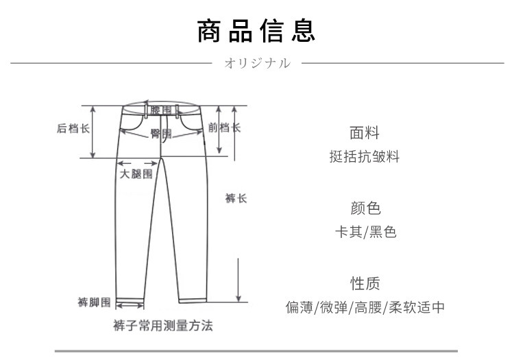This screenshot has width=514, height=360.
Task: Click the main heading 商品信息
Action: tap(256, 31)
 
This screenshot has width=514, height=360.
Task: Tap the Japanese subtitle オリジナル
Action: tap(257, 63)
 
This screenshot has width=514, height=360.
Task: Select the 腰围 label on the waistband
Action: tap(161, 110)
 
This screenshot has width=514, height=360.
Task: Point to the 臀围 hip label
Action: tap(161, 134)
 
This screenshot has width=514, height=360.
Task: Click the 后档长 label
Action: tap(73, 128)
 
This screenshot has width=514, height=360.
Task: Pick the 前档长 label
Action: tap(225, 128)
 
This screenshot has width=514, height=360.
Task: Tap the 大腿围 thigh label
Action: tap(136, 173)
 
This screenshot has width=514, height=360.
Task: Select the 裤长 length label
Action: tap(236, 198)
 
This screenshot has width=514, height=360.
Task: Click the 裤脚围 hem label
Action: tap(94, 302)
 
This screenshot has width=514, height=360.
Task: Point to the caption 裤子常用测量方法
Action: tap(163, 326)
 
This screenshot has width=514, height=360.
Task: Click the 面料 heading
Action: tap(365, 133)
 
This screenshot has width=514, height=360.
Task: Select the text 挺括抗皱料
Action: tap(365, 156)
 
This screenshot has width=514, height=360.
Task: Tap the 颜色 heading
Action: tap(365, 208)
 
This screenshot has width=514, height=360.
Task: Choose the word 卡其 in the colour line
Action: tap(348, 232)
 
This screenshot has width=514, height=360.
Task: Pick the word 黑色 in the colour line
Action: tap(383, 232)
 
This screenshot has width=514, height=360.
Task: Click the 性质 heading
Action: tap(365, 283)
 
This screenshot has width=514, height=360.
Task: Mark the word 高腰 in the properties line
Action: tap(368, 307)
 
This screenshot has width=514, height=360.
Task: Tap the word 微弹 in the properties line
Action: tap(334, 307)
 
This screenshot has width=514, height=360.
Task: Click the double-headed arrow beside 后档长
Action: tap(93, 132)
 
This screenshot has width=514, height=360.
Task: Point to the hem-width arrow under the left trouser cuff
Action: tap(130, 307)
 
